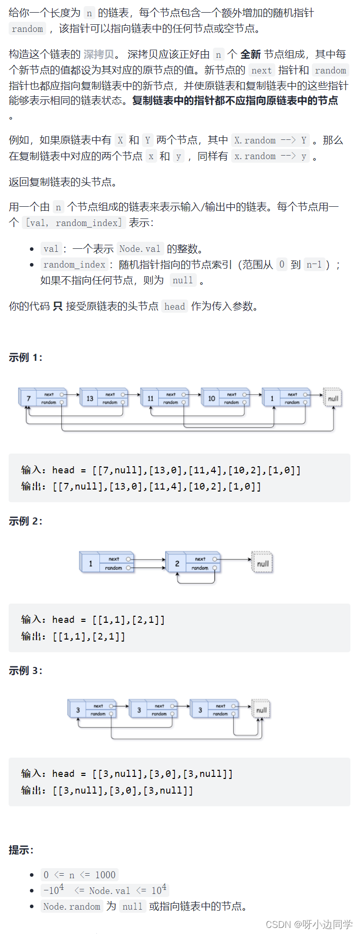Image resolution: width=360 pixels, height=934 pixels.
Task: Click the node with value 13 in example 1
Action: pos(90,398)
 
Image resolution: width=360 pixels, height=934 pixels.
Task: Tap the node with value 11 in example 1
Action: pos(151,398)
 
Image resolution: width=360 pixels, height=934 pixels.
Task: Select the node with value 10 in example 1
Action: pos(211,398)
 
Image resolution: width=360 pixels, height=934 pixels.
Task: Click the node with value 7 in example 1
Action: pos(29,398)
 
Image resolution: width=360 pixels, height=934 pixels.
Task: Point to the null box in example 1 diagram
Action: pos(333,398)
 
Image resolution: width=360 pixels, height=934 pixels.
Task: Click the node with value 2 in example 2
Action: pos(177,563)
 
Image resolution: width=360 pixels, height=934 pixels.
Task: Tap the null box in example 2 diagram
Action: pos(263,563)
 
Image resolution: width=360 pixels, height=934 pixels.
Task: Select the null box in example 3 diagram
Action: pos(261,710)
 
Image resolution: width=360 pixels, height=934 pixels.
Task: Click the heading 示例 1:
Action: pos(25,358)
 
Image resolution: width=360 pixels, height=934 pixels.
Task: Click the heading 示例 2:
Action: pos(25,521)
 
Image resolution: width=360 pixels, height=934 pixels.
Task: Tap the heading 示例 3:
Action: pos(25,670)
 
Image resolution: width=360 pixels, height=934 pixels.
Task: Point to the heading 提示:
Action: pos(21,850)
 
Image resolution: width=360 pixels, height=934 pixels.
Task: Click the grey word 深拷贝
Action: pos(99,54)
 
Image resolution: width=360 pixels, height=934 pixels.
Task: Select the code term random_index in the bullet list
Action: pos(75,265)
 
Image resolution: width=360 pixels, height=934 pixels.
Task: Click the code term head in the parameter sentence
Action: pos(174,306)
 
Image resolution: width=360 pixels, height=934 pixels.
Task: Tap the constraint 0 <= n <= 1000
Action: pos(80,875)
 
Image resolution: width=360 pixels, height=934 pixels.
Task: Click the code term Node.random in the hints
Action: pos(72,906)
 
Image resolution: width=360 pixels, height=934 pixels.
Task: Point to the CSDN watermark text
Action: pos(309,924)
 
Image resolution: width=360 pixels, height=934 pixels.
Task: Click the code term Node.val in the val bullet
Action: pos(140,249)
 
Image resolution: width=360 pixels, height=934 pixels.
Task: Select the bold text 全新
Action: pos(250,54)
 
